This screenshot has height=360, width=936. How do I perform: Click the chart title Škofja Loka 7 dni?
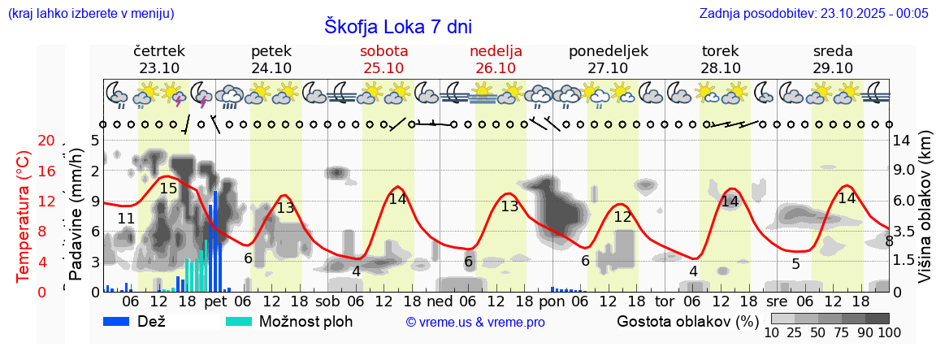[x=397, y=27]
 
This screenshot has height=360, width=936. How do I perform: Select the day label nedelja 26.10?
[x=496, y=59]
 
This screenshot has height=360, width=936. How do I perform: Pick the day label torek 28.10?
[x=720, y=59]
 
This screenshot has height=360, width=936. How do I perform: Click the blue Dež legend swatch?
[x=122, y=321]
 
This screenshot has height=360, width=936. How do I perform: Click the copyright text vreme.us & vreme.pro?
[x=475, y=323]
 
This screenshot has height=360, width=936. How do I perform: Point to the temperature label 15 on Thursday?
[x=168, y=189]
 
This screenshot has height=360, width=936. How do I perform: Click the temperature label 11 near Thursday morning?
[x=126, y=218]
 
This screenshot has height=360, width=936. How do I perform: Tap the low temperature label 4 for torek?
[x=693, y=271]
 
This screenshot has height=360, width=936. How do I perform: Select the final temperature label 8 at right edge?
[x=889, y=241]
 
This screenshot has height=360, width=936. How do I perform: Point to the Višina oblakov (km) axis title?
[x=925, y=216]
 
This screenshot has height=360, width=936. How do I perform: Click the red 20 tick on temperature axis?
[x=45, y=141]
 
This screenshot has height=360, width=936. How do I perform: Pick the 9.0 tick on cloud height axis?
[x=904, y=171]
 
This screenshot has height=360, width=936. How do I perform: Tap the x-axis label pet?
[x=215, y=301]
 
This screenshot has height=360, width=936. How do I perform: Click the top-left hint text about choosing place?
[x=90, y=13]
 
